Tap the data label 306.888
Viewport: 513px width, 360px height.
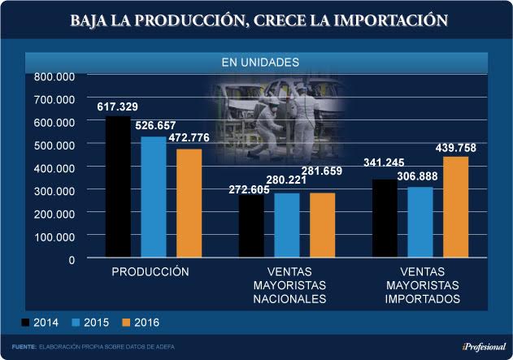coord(422,178)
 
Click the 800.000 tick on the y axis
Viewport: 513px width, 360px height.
coord(54,76)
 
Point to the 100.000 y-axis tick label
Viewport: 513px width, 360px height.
coord(54,236)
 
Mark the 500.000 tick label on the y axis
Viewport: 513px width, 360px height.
coord(54,145)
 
